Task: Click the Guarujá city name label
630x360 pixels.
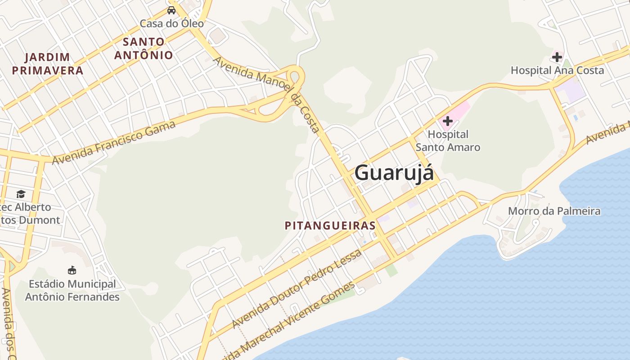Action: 394,173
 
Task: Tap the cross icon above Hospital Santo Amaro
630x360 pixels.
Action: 448,121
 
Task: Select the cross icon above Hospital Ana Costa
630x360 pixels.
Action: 557,57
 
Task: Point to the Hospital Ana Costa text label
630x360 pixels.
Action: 557,70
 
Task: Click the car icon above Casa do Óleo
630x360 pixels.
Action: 171,10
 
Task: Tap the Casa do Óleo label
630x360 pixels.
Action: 171,23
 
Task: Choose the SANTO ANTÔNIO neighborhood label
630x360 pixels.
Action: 144,49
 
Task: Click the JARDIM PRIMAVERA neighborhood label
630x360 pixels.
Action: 48,64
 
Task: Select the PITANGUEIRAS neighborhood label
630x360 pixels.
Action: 330,225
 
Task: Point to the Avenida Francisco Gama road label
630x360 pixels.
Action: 114,143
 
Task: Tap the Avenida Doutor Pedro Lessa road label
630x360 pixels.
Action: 297,289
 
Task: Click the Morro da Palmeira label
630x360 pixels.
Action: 554,211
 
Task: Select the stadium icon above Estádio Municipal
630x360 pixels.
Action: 72,270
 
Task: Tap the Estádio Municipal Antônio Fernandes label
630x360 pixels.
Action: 72,291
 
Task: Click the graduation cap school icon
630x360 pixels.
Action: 21,194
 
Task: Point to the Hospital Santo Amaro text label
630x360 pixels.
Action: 448,141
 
